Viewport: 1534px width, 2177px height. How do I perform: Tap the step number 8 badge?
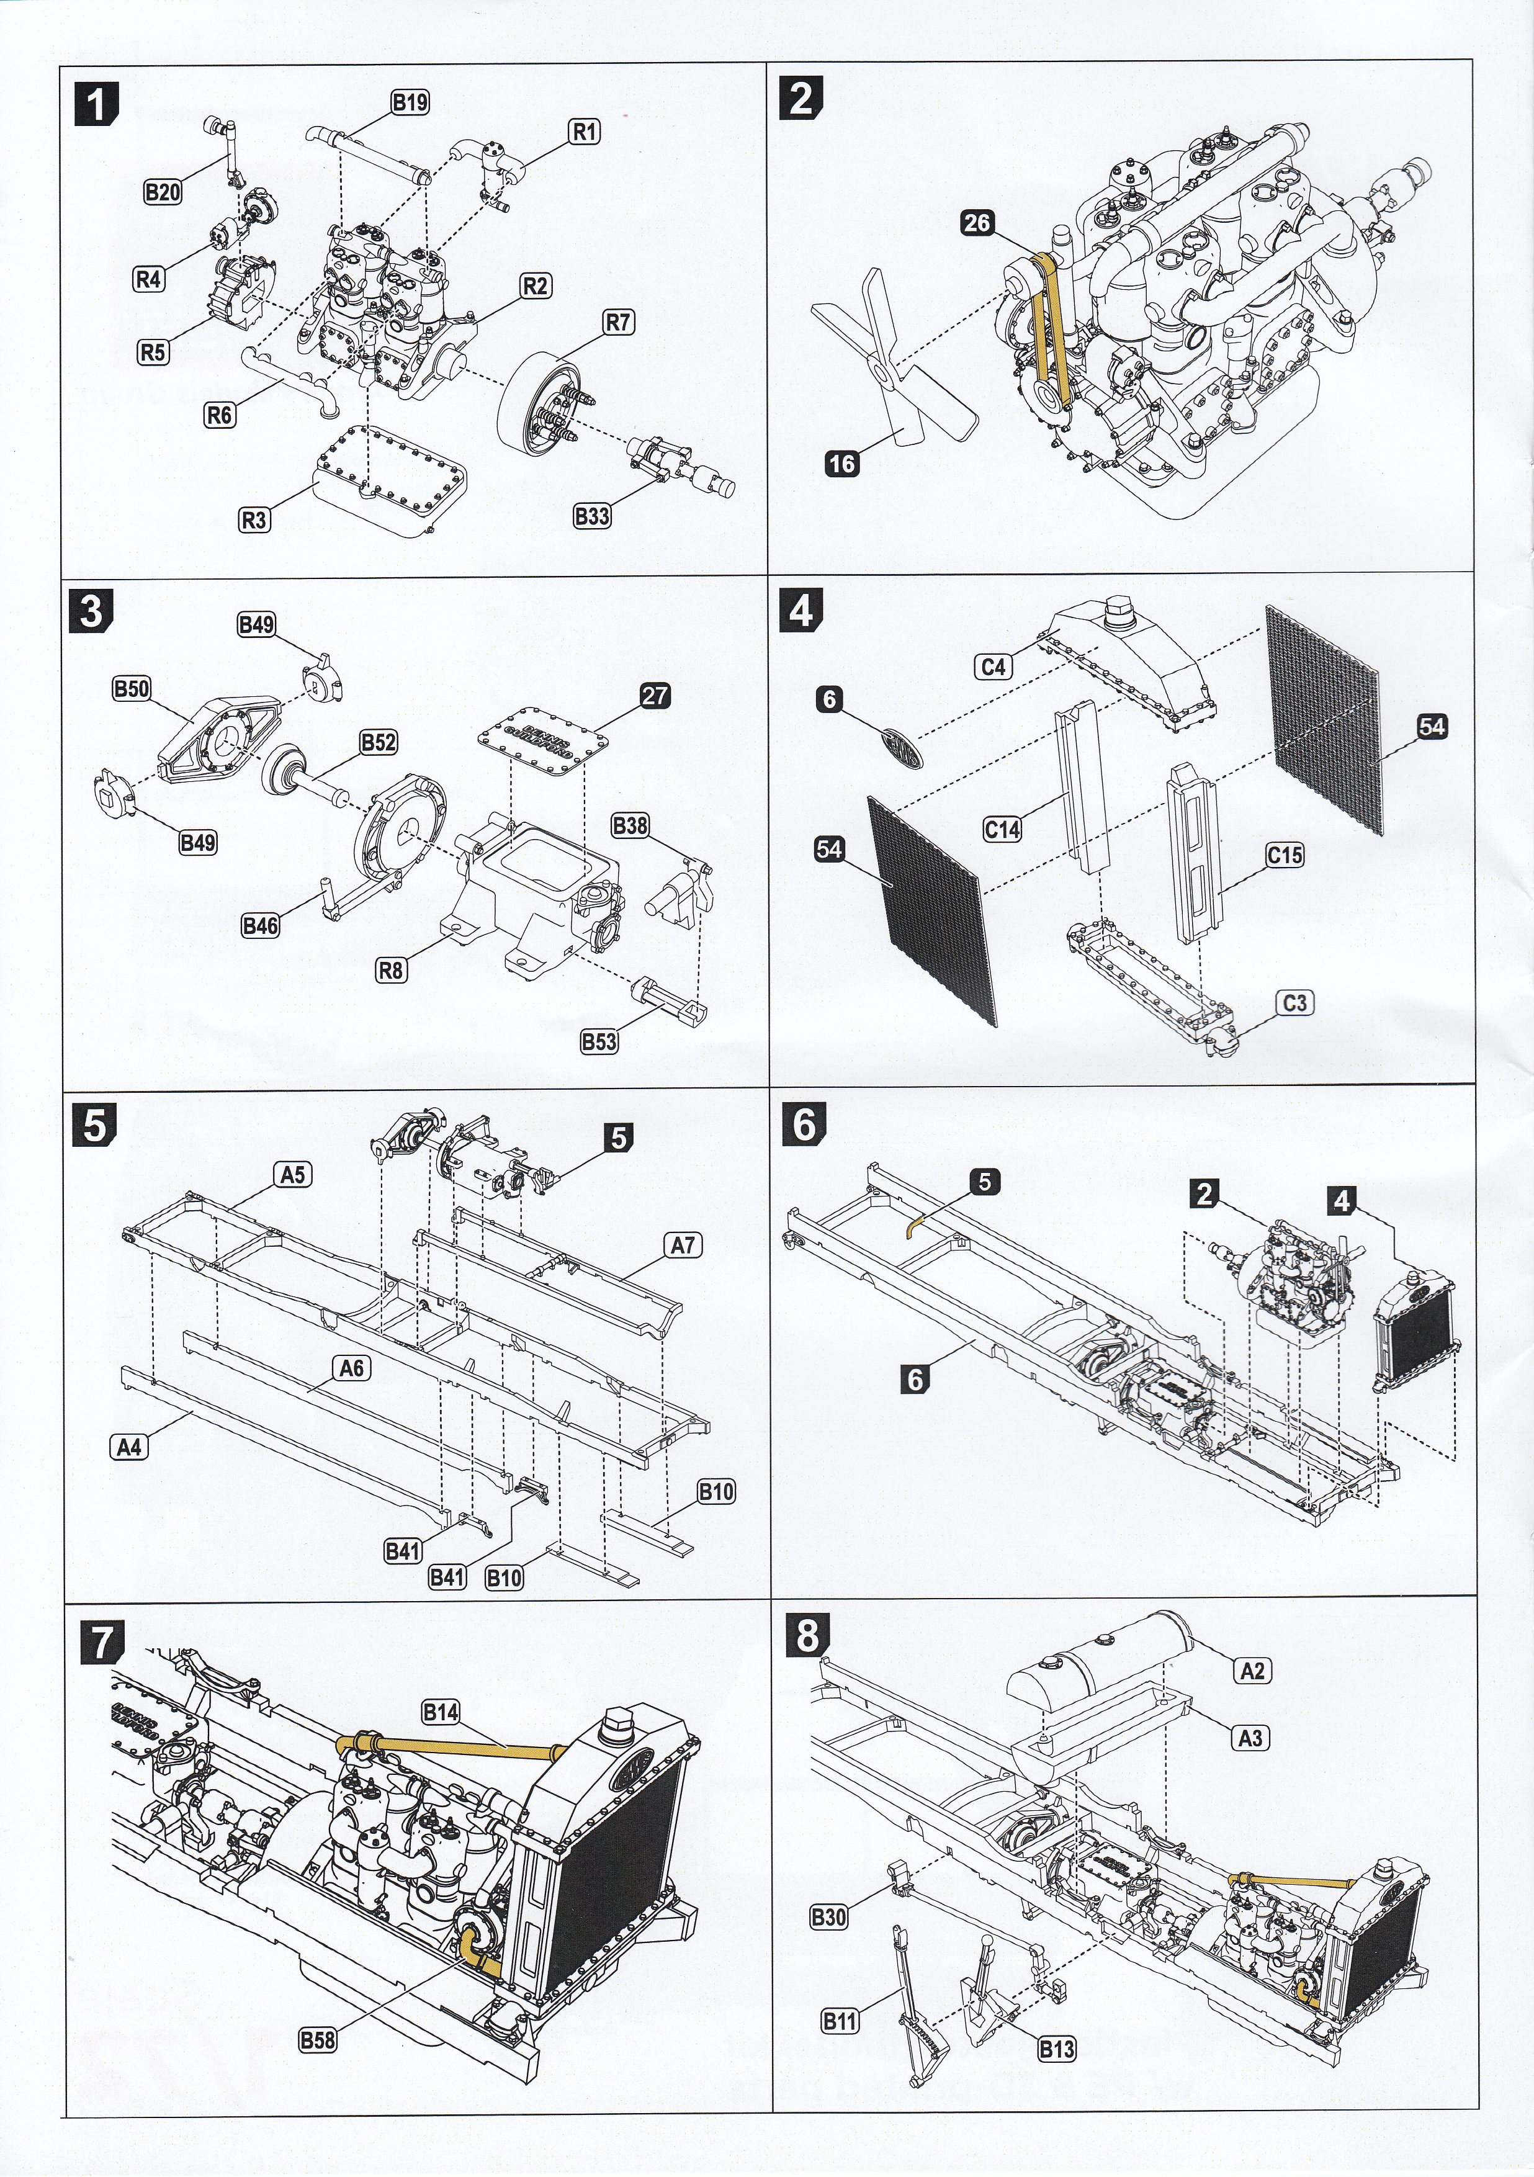pos(807,1635)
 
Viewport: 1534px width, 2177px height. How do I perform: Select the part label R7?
pos(618,322)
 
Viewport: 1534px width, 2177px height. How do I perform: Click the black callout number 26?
pos(977,223)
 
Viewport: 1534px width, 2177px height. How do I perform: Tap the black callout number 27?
pos(654,696)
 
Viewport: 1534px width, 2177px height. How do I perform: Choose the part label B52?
pos(377,742)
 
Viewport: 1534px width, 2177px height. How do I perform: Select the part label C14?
pos(1002,830)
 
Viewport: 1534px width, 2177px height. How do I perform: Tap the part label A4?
pos(130,1447)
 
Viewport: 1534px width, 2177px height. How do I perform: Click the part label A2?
pos(1252,1670)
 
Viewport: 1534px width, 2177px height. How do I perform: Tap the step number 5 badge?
pos(96,1124)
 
